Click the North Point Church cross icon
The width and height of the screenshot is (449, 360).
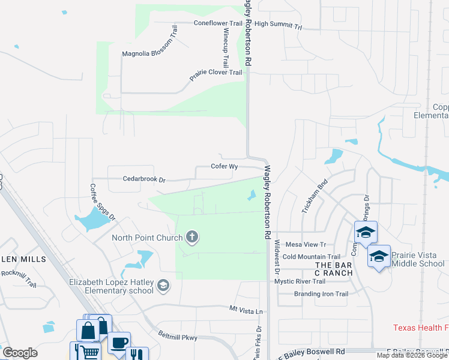[x=192, y=238]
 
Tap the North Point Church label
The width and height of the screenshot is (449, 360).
[x=147, y=238]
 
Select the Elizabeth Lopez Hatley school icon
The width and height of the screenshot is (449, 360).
[x=163, y=286]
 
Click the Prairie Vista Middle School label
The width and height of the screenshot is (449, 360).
[x=418, y=259]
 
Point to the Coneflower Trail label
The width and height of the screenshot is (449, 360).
[x=217, y=23]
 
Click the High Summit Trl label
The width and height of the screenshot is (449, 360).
[x=278, y=26]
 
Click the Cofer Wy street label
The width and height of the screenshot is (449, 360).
[x=225, y=166]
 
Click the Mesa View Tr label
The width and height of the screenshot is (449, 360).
[x=305, y=245]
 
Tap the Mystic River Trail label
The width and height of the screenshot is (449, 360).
[x=300, y=281]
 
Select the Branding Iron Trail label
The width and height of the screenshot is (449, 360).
[x=321, y=294]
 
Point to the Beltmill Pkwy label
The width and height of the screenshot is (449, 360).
[x=178, y=337]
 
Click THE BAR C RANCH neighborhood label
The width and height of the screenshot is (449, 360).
[x=334, y=269]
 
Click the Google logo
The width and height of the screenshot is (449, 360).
[x=20, y=353]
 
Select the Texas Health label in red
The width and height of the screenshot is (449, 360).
[x=420, y=328]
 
